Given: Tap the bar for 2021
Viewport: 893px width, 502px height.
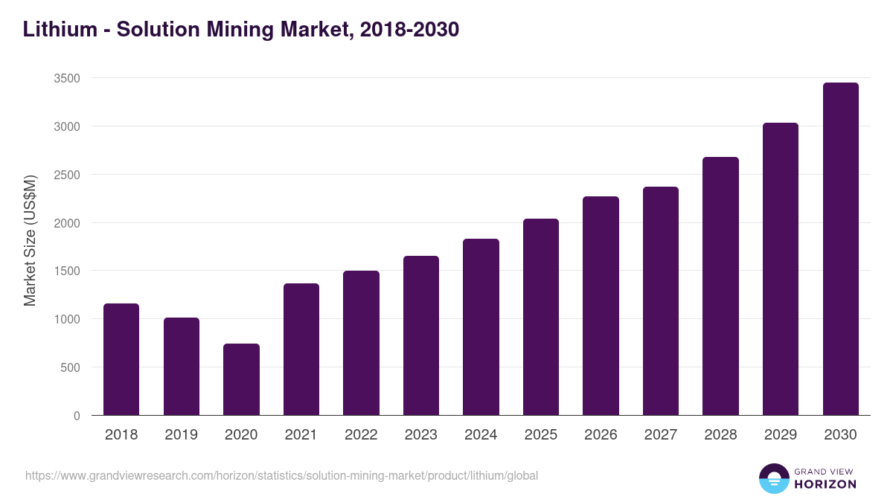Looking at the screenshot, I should point(301,350).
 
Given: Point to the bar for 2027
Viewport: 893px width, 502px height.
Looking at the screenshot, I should point(661,301).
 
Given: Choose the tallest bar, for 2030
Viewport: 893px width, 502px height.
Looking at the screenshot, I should point(840,249).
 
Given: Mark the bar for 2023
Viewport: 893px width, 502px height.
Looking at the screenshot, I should point(421,335).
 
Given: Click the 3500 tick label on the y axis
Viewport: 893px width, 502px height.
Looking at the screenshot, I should point(67,78).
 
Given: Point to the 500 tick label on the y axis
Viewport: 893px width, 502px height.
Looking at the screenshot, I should point(71,367).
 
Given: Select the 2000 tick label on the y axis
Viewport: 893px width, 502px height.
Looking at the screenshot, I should point(67,223).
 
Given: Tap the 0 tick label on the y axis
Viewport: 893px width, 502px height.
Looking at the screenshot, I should point(77,416).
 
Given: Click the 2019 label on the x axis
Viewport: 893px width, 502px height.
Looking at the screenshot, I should point(181,435).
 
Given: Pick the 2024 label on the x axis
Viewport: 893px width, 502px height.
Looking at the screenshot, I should point(481,435).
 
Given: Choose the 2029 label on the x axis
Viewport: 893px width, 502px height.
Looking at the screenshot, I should point(781,435).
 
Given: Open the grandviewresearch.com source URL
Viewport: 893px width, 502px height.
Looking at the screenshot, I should point(281,475).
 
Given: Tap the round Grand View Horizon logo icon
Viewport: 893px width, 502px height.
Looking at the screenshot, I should point(773,478).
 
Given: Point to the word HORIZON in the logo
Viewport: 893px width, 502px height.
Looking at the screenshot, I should point(825,484).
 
